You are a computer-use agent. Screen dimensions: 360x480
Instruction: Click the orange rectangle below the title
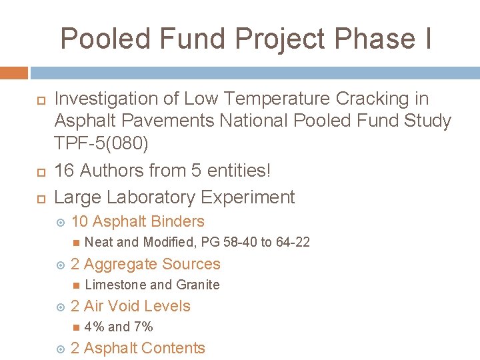[x=14, y=73]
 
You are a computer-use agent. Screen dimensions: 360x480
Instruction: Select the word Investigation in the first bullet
[x=107, y=99]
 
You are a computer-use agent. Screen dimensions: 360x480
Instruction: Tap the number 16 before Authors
[x=64, y=171]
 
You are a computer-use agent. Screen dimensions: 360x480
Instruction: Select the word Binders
[x=178, y=221]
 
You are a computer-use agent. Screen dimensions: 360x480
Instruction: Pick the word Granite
[x=197, y=285]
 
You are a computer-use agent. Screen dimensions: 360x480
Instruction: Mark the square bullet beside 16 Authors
[x=39, y=171]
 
